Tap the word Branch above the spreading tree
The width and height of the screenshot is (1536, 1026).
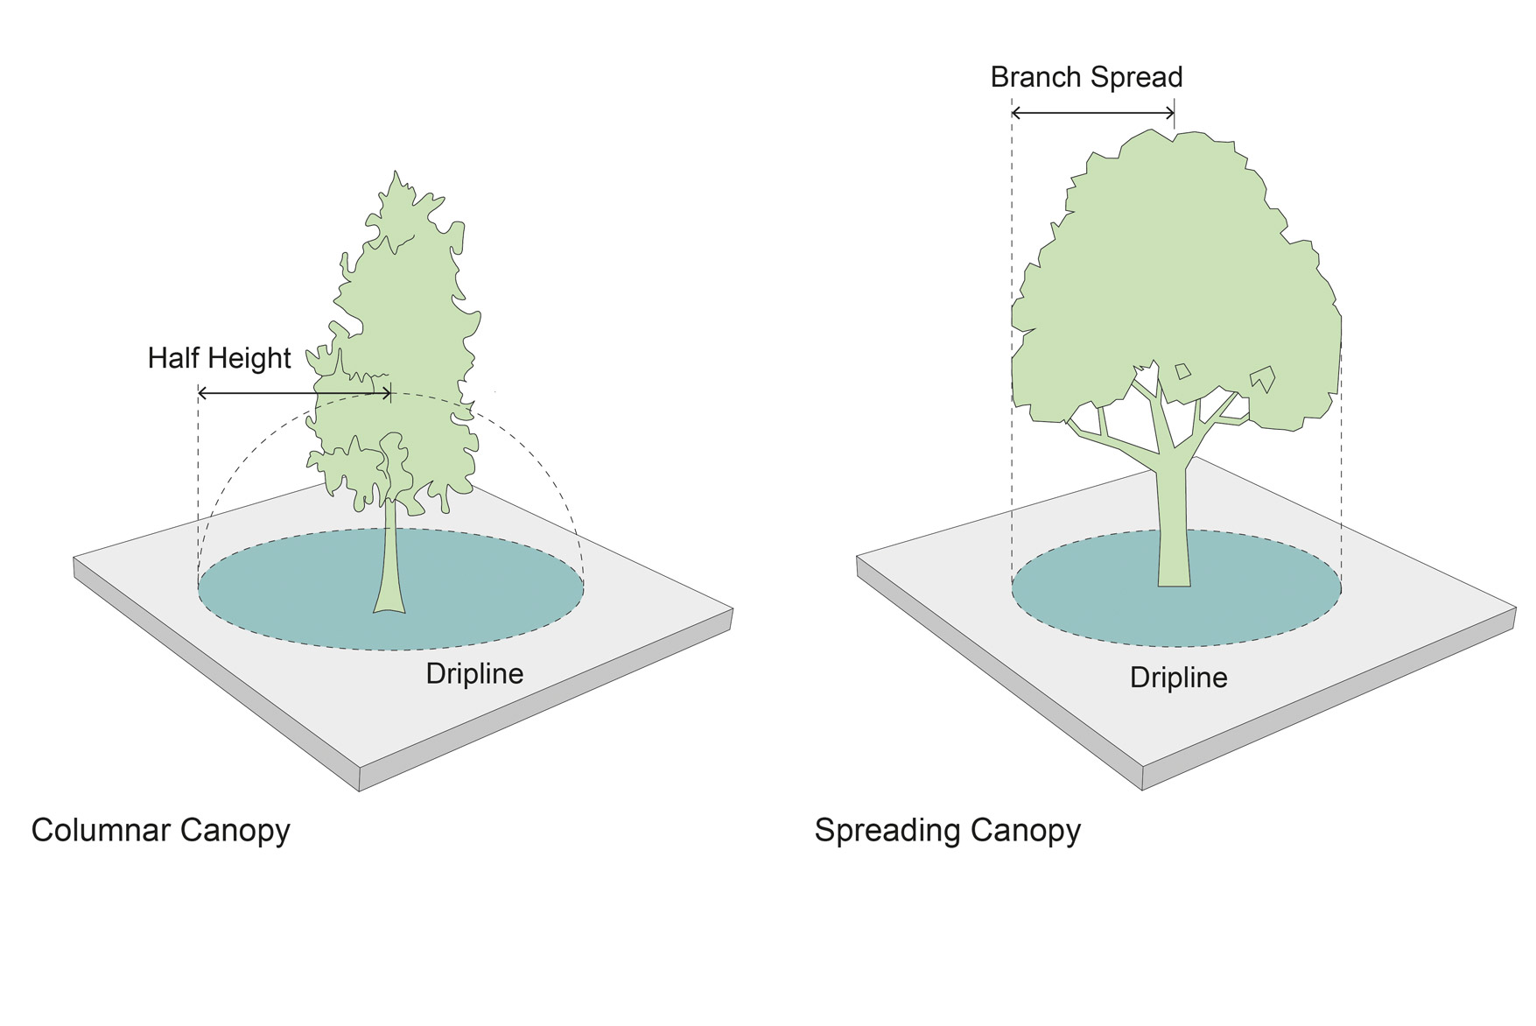(x=1033, y=78)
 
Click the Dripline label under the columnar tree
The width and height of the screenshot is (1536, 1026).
(x=474, y=673)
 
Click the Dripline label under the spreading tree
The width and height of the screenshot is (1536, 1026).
(x=1178, y=678)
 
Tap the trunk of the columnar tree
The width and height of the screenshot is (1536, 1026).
(x=390, y=552)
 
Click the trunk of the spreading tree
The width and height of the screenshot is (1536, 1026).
(x=1173, y=534)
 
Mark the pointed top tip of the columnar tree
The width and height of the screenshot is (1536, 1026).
(x=396, y=173)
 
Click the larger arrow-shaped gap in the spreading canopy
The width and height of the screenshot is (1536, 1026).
(x=1262, y=379)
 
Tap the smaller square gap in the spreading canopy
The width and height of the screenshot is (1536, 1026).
(x=1182, y=371)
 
